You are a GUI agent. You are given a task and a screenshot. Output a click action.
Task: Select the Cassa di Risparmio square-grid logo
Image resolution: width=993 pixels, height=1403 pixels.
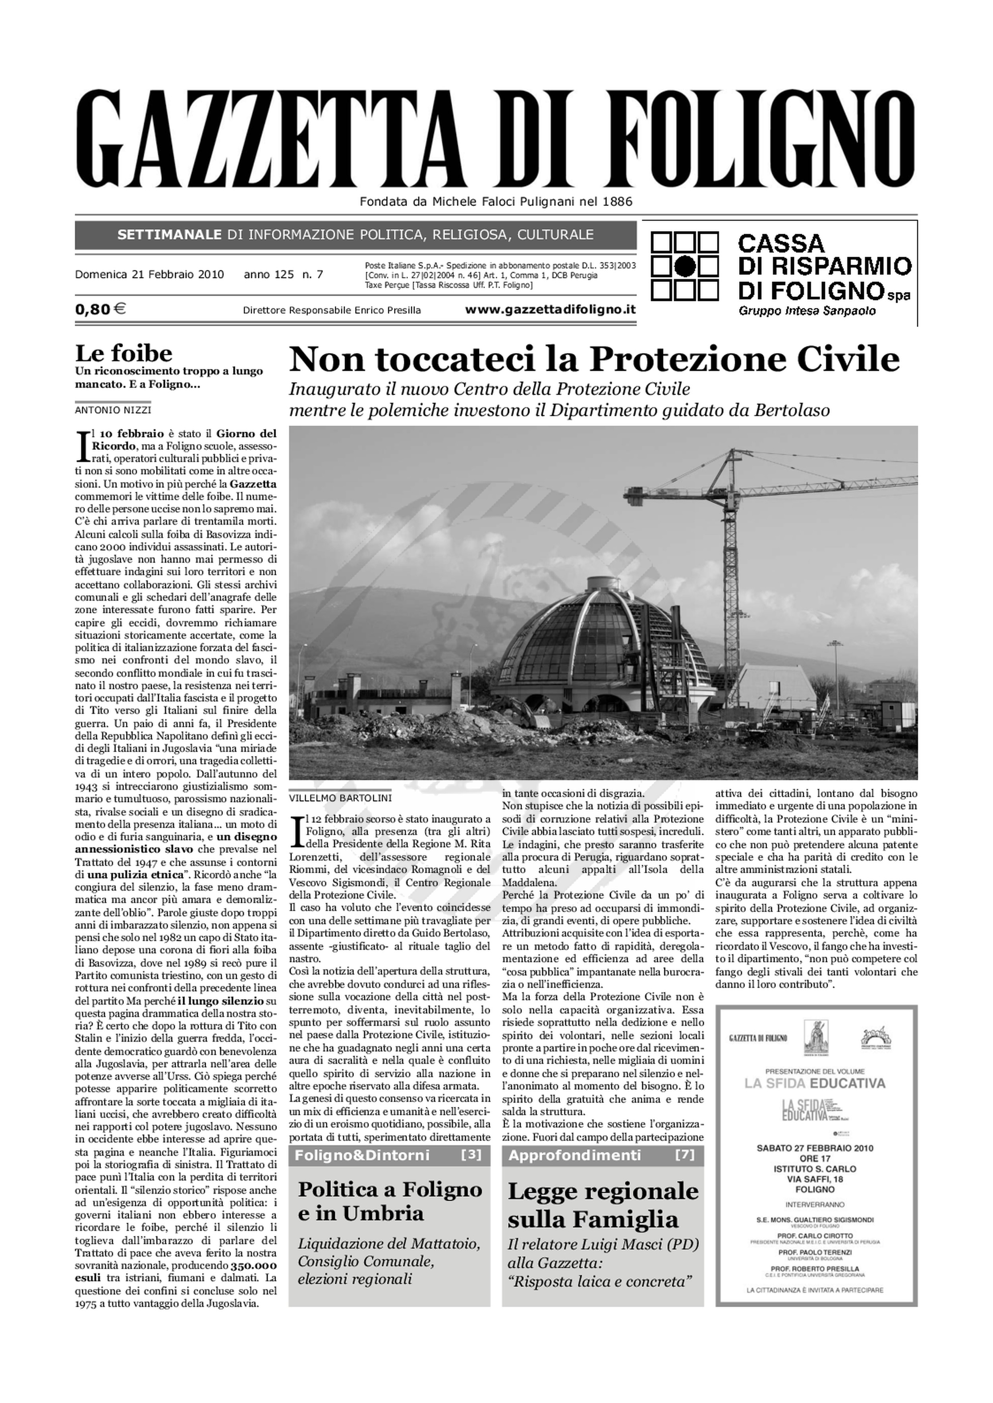684,266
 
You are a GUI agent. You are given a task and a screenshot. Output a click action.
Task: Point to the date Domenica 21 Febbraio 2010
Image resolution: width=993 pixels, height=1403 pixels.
149,274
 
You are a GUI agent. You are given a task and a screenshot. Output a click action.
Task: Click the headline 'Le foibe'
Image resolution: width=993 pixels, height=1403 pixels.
124,353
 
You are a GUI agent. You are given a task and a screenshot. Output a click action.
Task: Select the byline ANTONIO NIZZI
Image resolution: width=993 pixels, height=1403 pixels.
113,410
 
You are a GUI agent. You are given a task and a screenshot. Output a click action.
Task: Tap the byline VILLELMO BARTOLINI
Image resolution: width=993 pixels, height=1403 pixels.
340,798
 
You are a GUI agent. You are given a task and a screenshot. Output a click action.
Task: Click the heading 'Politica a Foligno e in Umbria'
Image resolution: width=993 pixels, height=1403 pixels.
390,1201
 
